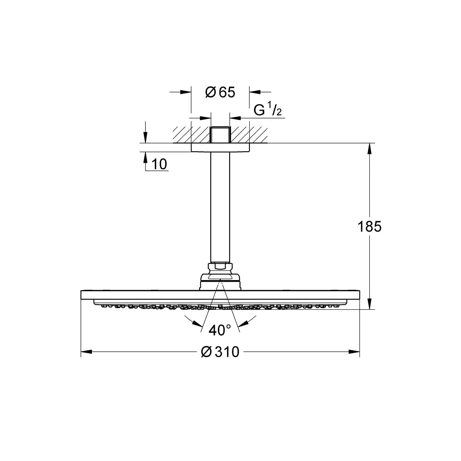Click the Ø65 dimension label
click(x=220, y=92)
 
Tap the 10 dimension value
click(x=159, y=164)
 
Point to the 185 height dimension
click(x=369, y=226)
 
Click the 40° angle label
click(x=220, y=330)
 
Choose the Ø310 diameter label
click(x=220, y=352)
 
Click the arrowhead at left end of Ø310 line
click(x=87, y=352)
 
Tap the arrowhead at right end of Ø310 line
click(x=354, y=352)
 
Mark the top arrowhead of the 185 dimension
click(x=369, y=149)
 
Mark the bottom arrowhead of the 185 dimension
click(x=369, y=303)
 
